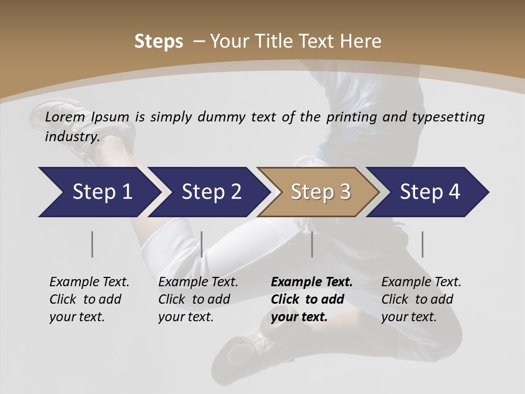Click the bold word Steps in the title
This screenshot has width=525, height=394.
click(159, 42)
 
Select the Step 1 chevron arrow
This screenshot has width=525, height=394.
click(98, 192)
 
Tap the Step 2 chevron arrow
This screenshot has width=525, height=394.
click(211, 192)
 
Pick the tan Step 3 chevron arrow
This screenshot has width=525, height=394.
click(320, 192)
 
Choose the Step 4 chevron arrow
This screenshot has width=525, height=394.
click(429, 192)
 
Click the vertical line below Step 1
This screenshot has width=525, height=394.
click(92, 244)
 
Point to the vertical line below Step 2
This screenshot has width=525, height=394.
click(202, 244)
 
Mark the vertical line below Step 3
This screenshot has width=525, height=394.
click(312, 244)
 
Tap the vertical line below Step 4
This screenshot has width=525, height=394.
click(423, 244)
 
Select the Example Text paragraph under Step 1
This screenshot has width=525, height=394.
click(89, 299)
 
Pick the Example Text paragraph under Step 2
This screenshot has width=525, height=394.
click(198, 299)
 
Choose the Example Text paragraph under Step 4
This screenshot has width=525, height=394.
click(421, 299)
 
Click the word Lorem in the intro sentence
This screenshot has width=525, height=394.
click(65, 117)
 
